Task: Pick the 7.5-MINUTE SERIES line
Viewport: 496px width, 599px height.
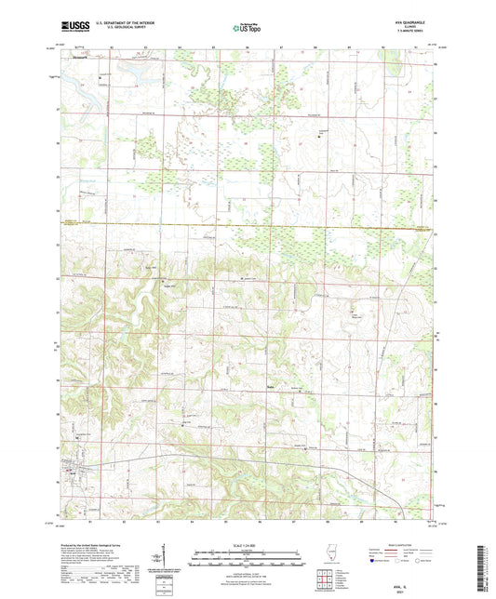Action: point(412,34)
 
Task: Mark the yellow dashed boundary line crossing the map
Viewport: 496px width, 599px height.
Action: point(251,224)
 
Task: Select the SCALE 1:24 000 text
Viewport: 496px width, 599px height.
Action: point(247,544)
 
